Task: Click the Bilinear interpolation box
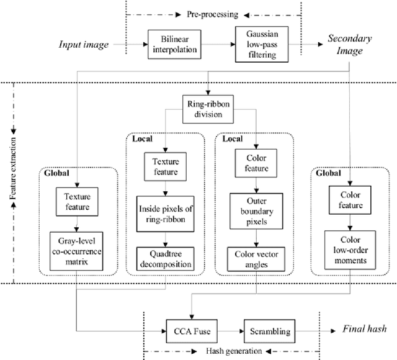point(167,45)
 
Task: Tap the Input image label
point(84,45)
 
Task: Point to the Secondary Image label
point(349,45)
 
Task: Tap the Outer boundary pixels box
point(256,211)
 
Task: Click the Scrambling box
point(269,331)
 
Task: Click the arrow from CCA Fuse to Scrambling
point(228,331)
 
